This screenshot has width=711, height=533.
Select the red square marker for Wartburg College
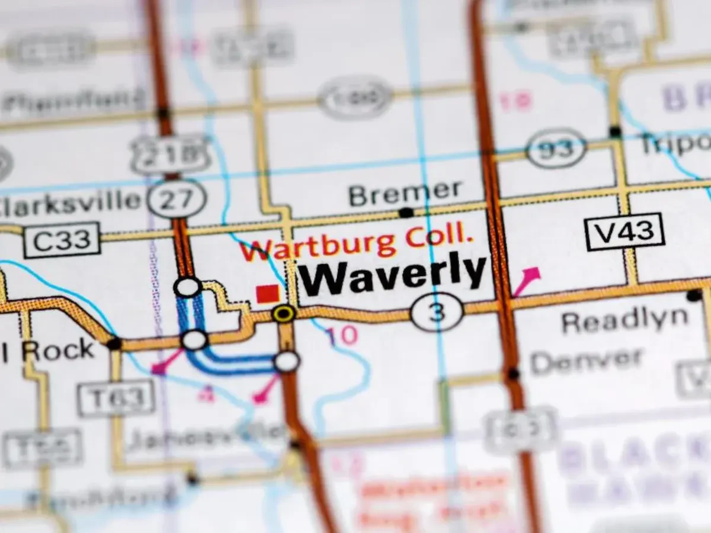click(268, 294)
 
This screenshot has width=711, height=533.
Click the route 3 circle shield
click(437, 312)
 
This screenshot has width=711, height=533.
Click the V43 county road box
click(624, 231)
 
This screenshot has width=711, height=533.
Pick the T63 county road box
click(116, 397)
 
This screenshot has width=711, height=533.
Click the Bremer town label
click(405, 193)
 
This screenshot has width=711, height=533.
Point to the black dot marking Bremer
click(406, 213)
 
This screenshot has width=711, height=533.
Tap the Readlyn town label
click(624, 321)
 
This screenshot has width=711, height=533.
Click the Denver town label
click(586, 360)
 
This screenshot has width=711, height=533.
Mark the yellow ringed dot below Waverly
click(284, 313)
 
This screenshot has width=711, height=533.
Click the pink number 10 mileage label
click(342, 336)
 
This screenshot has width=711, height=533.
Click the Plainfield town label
click(73, 101)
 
